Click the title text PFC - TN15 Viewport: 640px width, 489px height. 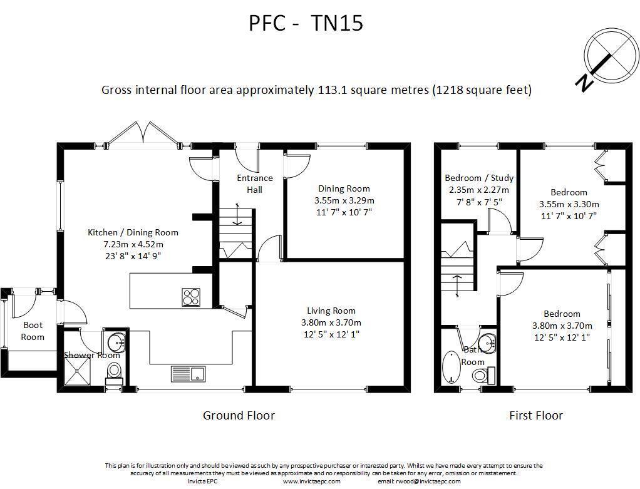(306, 23)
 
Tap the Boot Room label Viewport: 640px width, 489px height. (33, 331)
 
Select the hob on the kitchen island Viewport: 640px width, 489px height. (191, 297)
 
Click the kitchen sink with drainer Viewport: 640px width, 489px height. (188, 374)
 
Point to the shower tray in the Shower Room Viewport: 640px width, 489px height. (78, 372)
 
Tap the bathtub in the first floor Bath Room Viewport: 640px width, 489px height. (452, 367)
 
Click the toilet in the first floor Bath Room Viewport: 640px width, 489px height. (483, 374)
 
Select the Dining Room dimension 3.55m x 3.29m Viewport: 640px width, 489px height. (344, 200)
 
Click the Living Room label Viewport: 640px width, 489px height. (331, 311)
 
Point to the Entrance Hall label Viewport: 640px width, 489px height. (255, 183)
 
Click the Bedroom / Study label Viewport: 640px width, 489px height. (479, 178)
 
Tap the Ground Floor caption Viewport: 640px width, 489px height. (239, 416)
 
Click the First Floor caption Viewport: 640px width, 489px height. (536, 416)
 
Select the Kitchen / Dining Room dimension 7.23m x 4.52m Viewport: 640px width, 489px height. (133, 244)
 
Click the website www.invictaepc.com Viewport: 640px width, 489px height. (311, 481)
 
